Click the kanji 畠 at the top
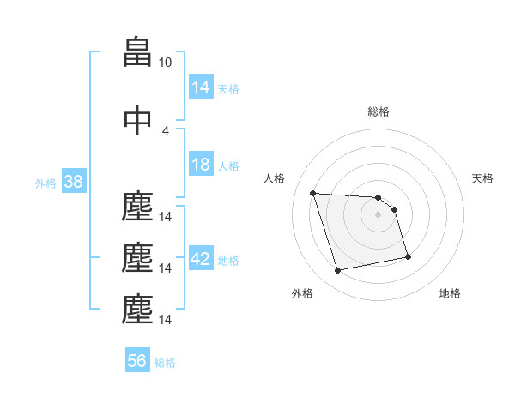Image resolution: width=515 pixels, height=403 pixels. point(137,53)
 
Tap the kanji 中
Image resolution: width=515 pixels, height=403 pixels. point(137,120)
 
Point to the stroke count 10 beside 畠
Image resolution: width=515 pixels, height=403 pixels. point(166,63)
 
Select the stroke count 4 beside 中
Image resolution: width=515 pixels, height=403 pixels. point(166,130)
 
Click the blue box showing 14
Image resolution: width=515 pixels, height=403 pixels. point(201,87)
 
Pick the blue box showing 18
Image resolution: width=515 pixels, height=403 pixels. point(201,165)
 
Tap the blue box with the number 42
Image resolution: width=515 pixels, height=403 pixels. point(201,259)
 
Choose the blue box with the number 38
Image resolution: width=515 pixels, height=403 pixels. point(73,182)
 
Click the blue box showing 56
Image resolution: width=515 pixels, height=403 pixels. point(137,361)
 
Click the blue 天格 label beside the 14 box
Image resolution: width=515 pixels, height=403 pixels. point(227,88)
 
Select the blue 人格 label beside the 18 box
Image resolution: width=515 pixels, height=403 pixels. point(227,165)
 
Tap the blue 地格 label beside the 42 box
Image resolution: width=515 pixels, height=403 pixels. point(228,260)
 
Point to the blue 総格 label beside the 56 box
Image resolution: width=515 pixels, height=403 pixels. point(165,362)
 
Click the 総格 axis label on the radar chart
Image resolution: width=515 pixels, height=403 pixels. point(379,111)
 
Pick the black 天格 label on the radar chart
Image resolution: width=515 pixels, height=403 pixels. point(483,178)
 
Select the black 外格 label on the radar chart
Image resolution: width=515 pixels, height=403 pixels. point(302,293)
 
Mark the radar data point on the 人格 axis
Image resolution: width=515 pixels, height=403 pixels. point(312,193)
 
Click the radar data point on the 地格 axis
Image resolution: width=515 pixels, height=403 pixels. point(408,256)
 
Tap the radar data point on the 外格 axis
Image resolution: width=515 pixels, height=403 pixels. point(338,271)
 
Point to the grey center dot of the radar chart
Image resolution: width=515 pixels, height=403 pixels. point(379,214)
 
